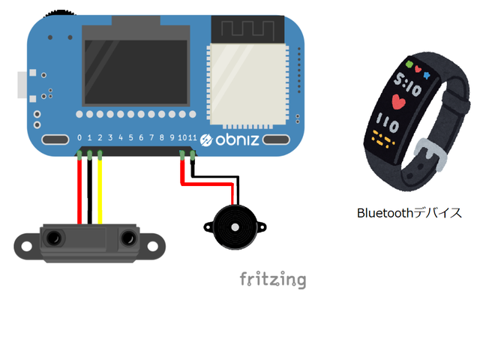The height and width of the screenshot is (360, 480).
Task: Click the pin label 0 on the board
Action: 79,139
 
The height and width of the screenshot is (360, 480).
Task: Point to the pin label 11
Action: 193,139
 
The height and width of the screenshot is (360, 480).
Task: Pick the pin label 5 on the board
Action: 130,139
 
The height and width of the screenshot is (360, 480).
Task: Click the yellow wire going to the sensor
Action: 100,191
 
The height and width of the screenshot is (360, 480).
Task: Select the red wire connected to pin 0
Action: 79,191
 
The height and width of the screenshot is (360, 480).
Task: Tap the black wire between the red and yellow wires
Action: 90,191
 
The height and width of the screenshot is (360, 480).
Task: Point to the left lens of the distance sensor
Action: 54,238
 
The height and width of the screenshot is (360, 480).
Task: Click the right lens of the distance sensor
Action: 126,239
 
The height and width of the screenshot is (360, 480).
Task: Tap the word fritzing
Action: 273,280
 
